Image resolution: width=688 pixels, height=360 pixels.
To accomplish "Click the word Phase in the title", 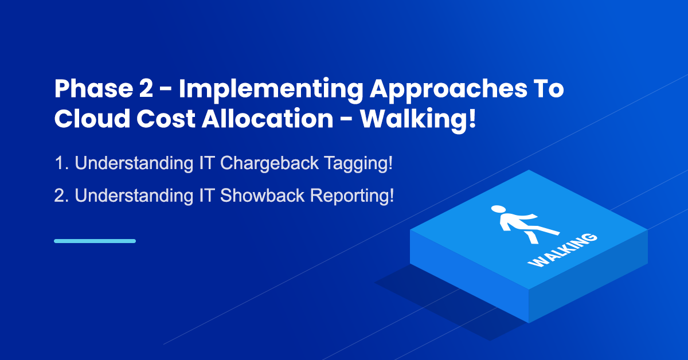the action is (93, 88).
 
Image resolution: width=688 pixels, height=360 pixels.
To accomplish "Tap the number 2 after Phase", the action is (146, 88).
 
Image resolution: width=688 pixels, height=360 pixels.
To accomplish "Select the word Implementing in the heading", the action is (271, 91).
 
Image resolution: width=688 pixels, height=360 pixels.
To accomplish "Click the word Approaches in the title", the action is (448, 91).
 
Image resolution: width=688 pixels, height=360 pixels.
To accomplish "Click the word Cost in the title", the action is (166, 119).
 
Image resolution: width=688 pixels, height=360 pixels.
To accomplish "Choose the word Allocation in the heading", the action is (268, 118).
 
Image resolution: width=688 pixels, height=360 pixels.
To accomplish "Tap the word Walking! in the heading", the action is (418, 120).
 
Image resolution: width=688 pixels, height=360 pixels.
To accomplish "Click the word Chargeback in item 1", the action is (269, 163).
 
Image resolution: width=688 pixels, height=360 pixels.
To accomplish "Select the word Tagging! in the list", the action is (358, 164).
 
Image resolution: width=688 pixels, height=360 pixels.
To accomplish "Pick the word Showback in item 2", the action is (263, 195).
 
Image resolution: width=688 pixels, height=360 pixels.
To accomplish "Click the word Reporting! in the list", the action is (352, 196).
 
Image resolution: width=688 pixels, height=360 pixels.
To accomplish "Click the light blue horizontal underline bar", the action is (95, 241).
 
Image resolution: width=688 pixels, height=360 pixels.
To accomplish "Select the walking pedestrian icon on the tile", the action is (525, 224).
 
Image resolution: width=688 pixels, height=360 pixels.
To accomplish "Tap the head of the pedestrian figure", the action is (498, 209).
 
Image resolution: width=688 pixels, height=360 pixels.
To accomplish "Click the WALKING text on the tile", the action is (562, 250).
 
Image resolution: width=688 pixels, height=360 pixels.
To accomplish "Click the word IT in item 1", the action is (206, 163).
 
